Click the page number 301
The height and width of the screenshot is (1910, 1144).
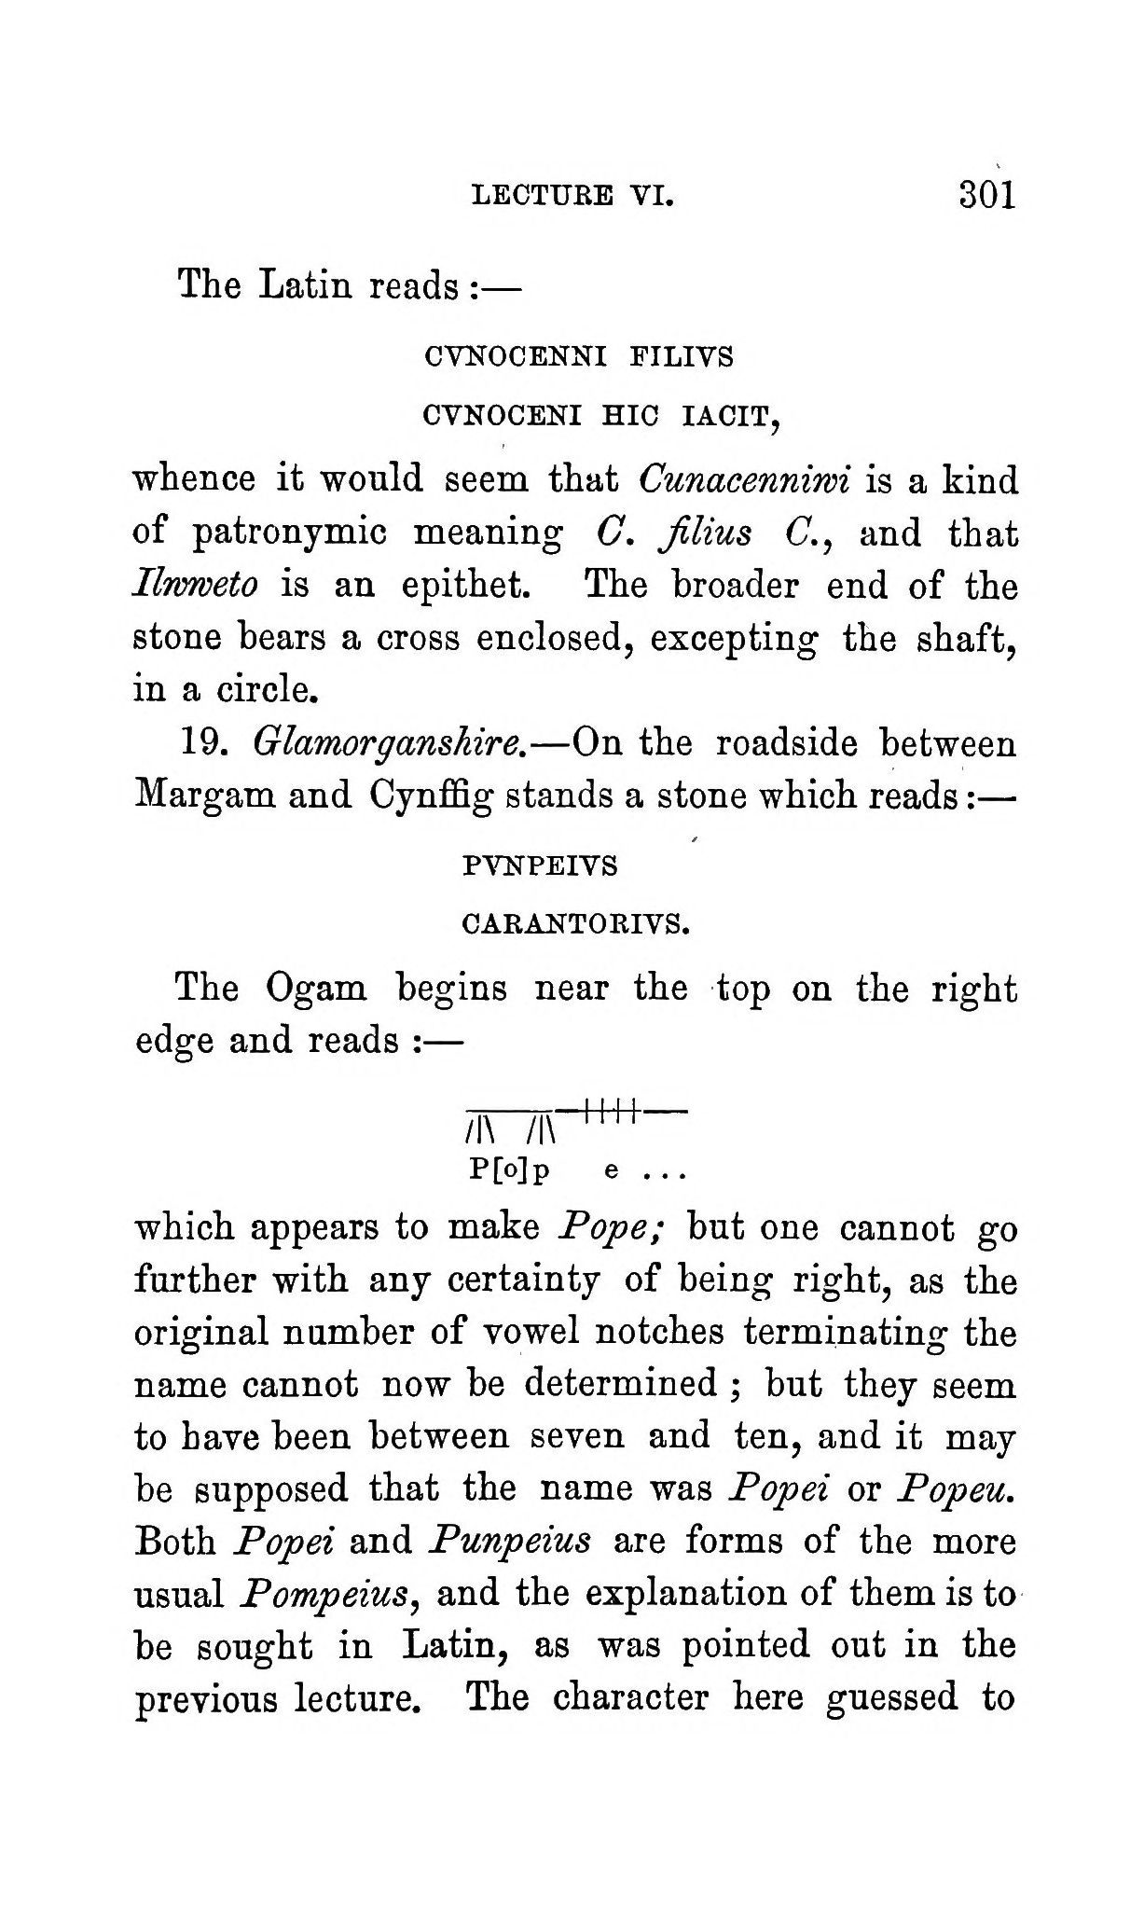[985, 195]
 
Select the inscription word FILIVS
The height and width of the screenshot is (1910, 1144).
[682, 356]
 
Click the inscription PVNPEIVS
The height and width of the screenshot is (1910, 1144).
[540, 866]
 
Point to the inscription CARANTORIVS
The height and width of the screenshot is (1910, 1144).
[575, 926]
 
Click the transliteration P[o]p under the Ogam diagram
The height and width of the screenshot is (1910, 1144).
[509, 1171]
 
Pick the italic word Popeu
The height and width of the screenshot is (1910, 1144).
[955, 1489]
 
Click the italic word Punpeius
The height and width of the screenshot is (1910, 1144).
[509, 1542]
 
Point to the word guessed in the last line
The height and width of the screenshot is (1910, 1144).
[892, 1698]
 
